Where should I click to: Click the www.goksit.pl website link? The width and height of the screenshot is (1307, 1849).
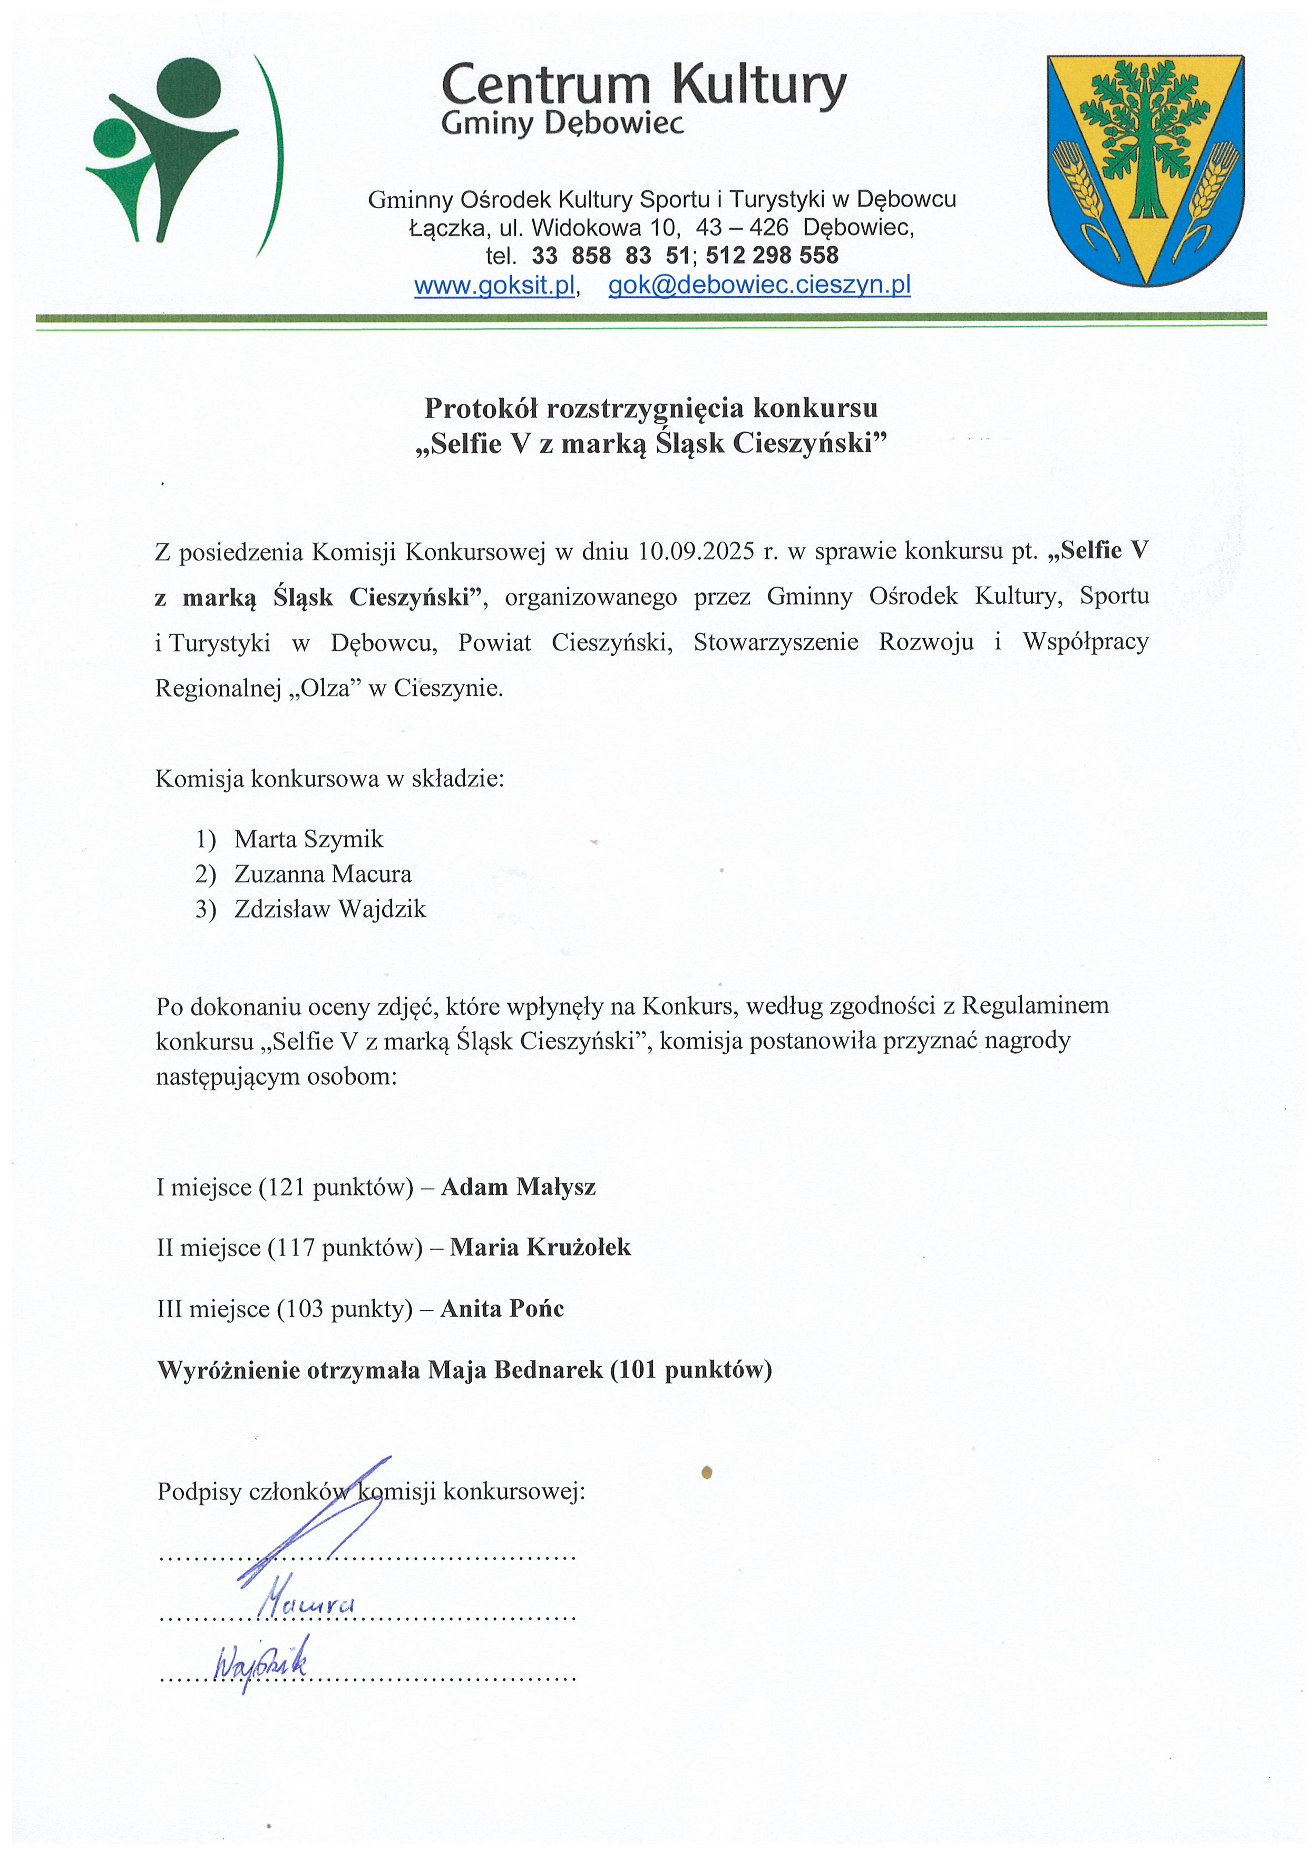coord(494,285)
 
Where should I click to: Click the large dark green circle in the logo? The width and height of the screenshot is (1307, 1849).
coord(189,89)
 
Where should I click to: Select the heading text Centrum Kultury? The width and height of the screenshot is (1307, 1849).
coord(643,85)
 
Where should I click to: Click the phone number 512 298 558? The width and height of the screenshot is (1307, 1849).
coord(772,256)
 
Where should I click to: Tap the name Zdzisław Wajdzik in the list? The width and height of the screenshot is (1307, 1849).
coord(329,909)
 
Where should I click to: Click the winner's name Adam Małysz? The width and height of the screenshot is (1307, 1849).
coord(518,1186)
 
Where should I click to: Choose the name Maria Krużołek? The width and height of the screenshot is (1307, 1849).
coord(540,1248)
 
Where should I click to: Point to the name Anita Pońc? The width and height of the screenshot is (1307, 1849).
coord(502,1309)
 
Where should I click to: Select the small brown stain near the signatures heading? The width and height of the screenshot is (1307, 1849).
coord(707,1473)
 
